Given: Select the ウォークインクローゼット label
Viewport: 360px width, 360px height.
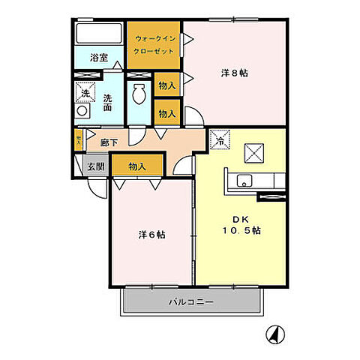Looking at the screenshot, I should pos(154,43).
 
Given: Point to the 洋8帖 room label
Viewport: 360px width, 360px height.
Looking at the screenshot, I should pos(234,73).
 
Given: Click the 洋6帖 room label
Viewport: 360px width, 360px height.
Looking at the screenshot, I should pos(151,234).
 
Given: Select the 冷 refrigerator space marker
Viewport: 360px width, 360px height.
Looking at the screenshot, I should pos(221,139).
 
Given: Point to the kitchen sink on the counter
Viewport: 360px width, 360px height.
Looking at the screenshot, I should pos(244,181).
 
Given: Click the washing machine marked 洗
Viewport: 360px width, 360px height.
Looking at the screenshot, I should pos(85,93).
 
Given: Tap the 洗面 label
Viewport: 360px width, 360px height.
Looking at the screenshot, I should pos(108,103).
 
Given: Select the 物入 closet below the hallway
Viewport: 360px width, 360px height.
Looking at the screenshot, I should pos(136,166).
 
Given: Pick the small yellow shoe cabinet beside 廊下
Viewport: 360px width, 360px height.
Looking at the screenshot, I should pos(78,139).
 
